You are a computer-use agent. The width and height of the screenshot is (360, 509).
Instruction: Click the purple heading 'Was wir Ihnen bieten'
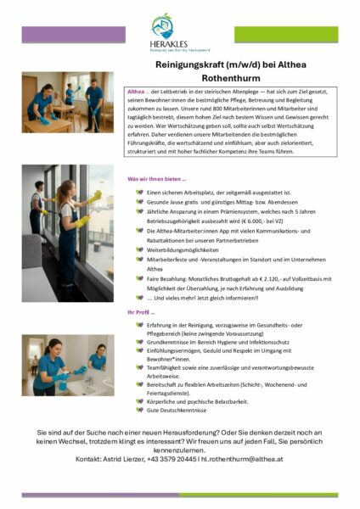(156, 180)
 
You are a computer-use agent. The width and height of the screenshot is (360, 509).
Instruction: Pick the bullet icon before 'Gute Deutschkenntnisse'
(139, 409)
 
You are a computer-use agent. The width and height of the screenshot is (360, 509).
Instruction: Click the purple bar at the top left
(72, 34)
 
